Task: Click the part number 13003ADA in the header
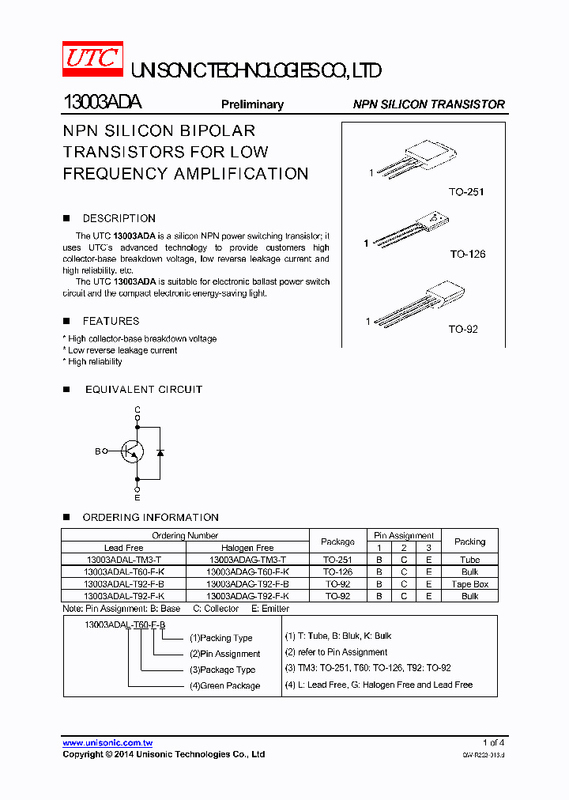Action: [102, 104]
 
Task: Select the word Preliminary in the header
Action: [252, 104]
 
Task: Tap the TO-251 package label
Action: [466, 192]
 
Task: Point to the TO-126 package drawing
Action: [411, 231]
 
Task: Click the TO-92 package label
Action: [463, 329]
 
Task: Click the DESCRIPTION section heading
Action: [119, 218]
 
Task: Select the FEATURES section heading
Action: [111, 321]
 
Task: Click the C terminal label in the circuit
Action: [137, 409]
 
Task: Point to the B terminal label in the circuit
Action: [98, 451]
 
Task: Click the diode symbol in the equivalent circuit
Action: [160, 452]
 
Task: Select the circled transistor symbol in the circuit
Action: [132, 451]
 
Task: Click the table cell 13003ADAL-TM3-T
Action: [123, 560]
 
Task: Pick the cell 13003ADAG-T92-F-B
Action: [247, 584]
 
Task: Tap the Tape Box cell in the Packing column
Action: [469, 584]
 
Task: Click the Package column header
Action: [337, 542]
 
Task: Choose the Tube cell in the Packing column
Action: [469, 560]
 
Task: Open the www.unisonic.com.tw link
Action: [107, 743]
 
